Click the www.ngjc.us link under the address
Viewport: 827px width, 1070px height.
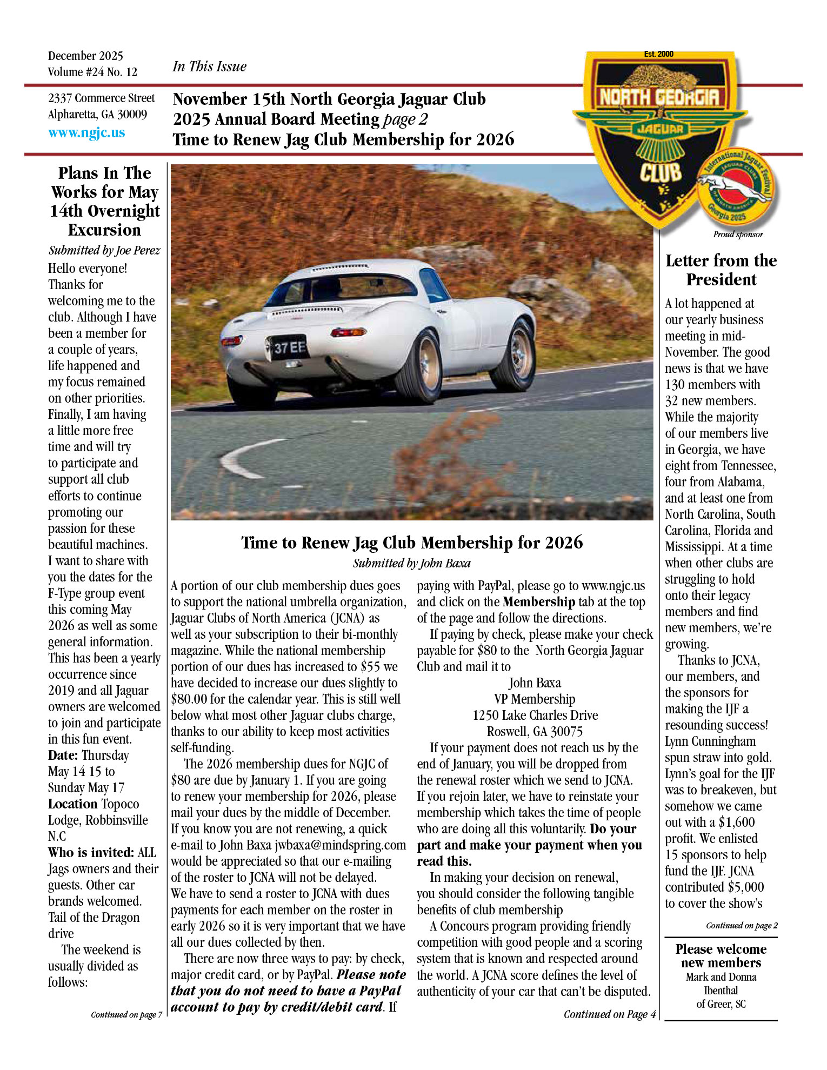(x=86, y=132)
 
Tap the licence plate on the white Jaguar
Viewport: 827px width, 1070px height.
(x=287, y=348)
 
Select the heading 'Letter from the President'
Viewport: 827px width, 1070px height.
(x=721, y=270)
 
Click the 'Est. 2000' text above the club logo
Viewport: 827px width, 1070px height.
(x=658, y=54)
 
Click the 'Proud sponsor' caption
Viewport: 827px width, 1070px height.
(x=738, y=235)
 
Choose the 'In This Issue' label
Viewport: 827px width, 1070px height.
(x=209, y=66)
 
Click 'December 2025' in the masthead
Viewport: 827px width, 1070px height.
(x=85, y=56)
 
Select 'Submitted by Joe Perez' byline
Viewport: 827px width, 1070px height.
(x=104, y=250)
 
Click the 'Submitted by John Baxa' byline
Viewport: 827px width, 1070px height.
(x=411, y=563)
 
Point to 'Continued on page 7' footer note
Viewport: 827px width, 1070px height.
(x=126, y=1014)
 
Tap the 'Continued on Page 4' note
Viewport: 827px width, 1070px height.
(x=609, y=1014)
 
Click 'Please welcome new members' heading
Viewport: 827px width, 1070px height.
(x=721, y=956)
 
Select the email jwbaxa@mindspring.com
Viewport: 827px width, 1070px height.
(x=340, y=845)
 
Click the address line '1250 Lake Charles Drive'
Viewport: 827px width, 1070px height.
(x=535, y=715)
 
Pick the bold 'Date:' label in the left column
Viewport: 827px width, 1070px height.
(x=64, y=755)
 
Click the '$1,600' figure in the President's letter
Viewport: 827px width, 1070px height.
(x=737, y=822)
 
